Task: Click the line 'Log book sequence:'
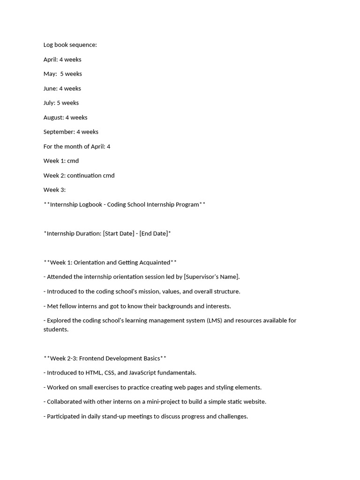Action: coord(70,45)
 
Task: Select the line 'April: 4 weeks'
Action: coord(62,60)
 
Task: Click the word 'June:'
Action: coord(51,89)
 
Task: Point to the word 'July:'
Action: coord(49,103)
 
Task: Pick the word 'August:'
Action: coord(53,118)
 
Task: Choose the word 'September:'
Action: coord(59,132)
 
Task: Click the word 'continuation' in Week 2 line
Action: coord(84,176)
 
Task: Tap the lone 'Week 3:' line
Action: coord(54,190)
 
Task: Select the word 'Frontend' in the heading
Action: coord(92,359)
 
